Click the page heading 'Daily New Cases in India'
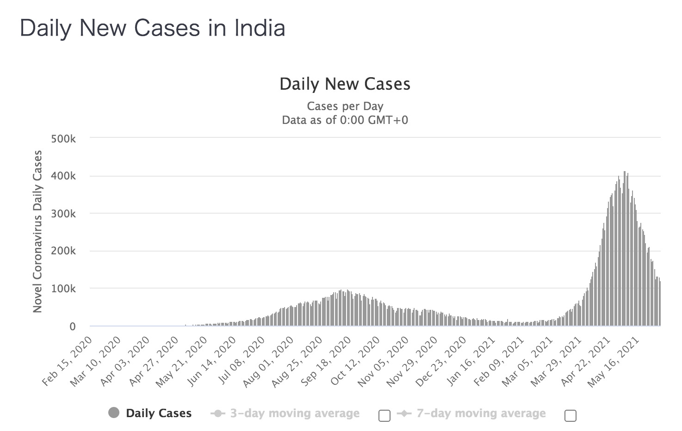[152, 28]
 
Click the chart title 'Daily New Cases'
[345, 84]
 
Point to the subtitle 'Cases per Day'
[345, 106]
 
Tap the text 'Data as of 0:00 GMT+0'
[345, 120]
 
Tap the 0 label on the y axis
[72, 326]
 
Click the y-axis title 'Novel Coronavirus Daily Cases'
[37, 231]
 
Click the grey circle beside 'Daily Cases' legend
[114, 413]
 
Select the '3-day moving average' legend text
[295, 413]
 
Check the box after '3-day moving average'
[384, 416]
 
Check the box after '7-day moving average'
[570, 416]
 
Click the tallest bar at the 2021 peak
[625, 250]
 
